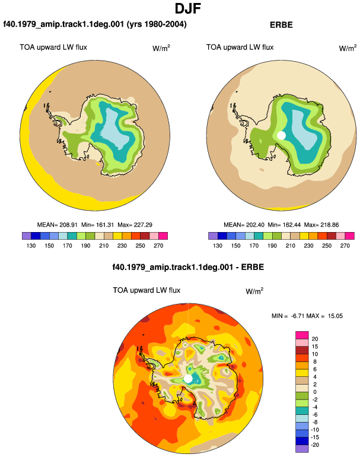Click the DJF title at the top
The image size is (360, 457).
coord(188,8)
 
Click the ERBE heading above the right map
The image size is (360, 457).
coord(281,25)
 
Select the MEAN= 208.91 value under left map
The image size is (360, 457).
coord(57,225)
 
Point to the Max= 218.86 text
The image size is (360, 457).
coord(321,225)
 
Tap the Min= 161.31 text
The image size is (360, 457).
coord(98,225)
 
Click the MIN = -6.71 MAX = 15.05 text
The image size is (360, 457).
coord(307,316)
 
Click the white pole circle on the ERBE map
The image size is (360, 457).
coord(281,135)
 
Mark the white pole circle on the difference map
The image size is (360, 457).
coord(188,379)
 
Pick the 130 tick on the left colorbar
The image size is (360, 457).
coord(31,246)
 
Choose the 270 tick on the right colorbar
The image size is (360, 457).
coord(345,246)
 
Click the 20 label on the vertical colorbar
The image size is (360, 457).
coord(315,339)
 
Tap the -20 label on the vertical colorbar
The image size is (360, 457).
coord(315,445)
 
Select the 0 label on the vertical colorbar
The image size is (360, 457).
coord(315,392)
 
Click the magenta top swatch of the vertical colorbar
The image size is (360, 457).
coord(302,335)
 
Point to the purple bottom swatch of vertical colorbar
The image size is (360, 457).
coord(302,449)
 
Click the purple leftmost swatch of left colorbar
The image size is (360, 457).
coord(27,236)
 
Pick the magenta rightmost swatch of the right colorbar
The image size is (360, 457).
coord(349,236)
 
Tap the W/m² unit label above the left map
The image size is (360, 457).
coord(161,48)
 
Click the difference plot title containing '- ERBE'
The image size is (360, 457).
coord(188,267)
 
